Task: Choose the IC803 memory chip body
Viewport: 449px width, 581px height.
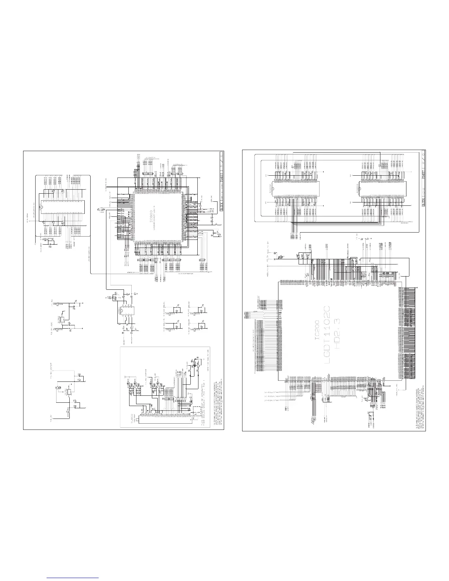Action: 357,193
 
